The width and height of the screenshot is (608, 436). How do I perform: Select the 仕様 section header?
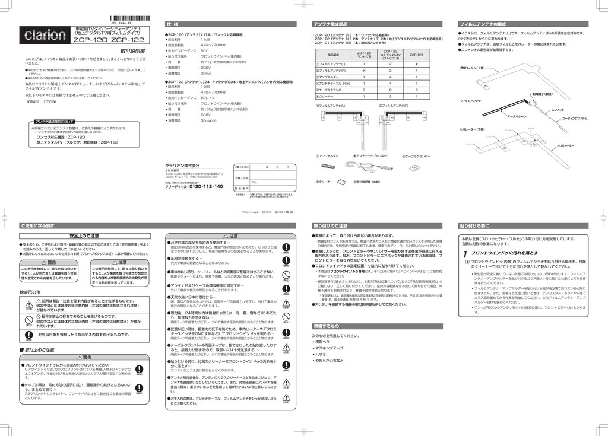173,24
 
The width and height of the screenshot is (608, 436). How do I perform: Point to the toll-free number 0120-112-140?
206,186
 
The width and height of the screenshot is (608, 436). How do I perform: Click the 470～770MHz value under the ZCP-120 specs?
213,45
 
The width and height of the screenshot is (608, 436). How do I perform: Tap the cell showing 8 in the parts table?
389,90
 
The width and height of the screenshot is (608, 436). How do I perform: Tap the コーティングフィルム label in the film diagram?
574,119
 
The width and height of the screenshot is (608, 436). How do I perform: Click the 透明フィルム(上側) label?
473,68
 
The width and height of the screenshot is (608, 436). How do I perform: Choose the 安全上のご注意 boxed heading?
84,235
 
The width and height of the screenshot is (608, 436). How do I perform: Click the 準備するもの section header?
325,326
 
